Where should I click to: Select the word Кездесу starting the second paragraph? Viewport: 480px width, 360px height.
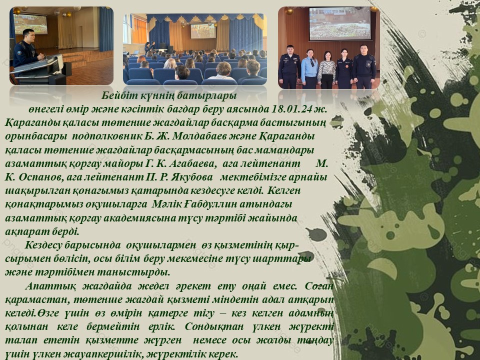[44, 245]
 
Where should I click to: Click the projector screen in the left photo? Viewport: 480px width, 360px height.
[31, 24]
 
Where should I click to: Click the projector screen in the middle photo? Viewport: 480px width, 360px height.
[203, 31]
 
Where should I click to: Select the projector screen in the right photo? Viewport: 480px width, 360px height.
[340, 24]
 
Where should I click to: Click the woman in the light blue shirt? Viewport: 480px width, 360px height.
[308, 68]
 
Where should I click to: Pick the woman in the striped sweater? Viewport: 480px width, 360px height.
[326, 70]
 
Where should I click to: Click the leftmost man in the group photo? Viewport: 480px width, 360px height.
[288, 66]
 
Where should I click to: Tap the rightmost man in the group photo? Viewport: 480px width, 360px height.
[363, 66]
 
